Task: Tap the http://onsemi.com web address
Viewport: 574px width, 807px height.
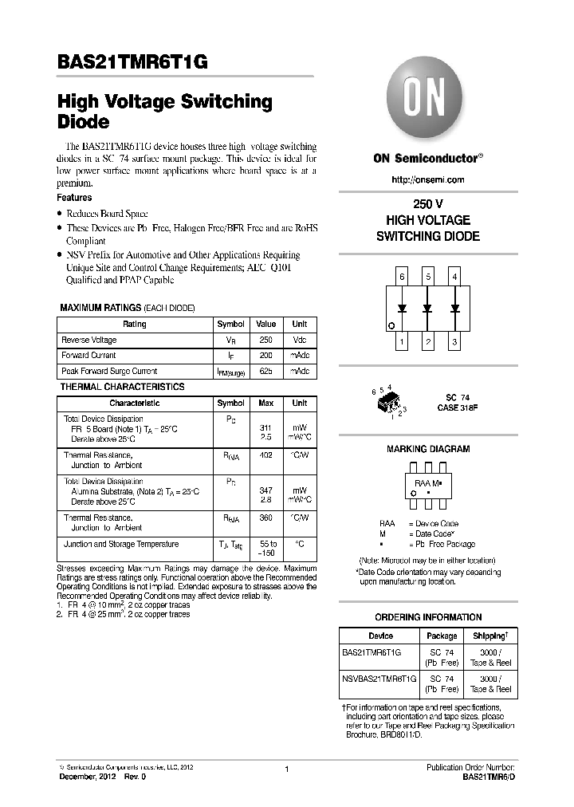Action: [428, 180]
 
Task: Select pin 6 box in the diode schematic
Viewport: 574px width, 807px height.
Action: [403, 278]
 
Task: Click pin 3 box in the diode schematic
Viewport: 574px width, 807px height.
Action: [454, 343]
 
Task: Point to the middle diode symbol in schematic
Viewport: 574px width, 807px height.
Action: [428, 309]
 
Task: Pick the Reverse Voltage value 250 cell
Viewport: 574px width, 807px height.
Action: [265, 340]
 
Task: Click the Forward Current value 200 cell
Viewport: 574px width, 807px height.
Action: [265, 356]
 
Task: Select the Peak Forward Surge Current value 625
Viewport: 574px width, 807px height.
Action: [265, 372]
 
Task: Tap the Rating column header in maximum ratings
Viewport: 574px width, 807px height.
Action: [134, 325]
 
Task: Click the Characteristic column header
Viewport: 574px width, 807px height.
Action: [134, 403]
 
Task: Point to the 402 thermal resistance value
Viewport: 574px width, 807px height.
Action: [265, 455]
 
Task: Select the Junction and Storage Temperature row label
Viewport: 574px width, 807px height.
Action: [120, 544]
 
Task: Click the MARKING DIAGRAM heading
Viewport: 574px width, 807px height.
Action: [428, 450]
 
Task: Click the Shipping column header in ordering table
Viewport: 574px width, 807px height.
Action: [490, 636]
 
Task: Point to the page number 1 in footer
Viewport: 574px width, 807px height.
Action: [286, 769]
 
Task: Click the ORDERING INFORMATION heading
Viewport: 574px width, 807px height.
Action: [428, 617]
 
